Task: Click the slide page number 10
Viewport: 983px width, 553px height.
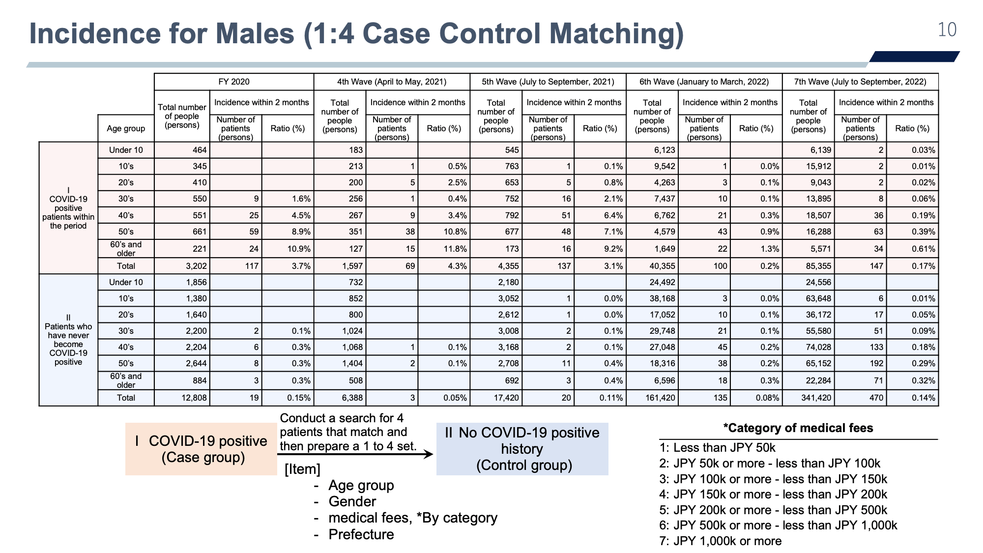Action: [947, 30]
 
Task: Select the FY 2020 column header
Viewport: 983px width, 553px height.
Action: [234, 82]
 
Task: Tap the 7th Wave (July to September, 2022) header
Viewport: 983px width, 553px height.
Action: [860, 82]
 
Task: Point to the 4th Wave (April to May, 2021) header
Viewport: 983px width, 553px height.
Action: [392, 82]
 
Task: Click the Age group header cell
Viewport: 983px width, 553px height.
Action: [126, 128]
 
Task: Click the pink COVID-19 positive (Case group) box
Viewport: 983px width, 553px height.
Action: [201, 449]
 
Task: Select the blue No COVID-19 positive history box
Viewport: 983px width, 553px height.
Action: [522, 449]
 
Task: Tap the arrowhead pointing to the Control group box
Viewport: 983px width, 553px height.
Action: [428, 454]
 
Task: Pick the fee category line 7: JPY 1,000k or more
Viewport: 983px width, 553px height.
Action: [720, 541]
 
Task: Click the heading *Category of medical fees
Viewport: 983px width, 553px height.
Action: [798, 428]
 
